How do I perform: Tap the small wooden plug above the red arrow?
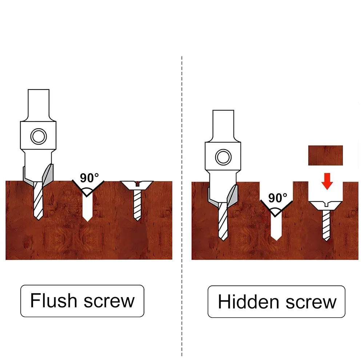tap(325, 155)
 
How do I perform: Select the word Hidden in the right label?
tap(248, 301)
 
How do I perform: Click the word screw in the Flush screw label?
tap(109, 302)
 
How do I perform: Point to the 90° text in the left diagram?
tap(89, 178)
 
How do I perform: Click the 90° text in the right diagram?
tap(278, 198)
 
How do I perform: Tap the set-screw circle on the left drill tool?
tap(39, 136)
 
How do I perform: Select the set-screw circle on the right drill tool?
tap(223, 157)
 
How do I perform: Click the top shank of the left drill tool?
tap(39, 104)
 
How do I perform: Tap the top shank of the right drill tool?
tap(223, 125)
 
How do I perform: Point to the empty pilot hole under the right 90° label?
tap(276, 228)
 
